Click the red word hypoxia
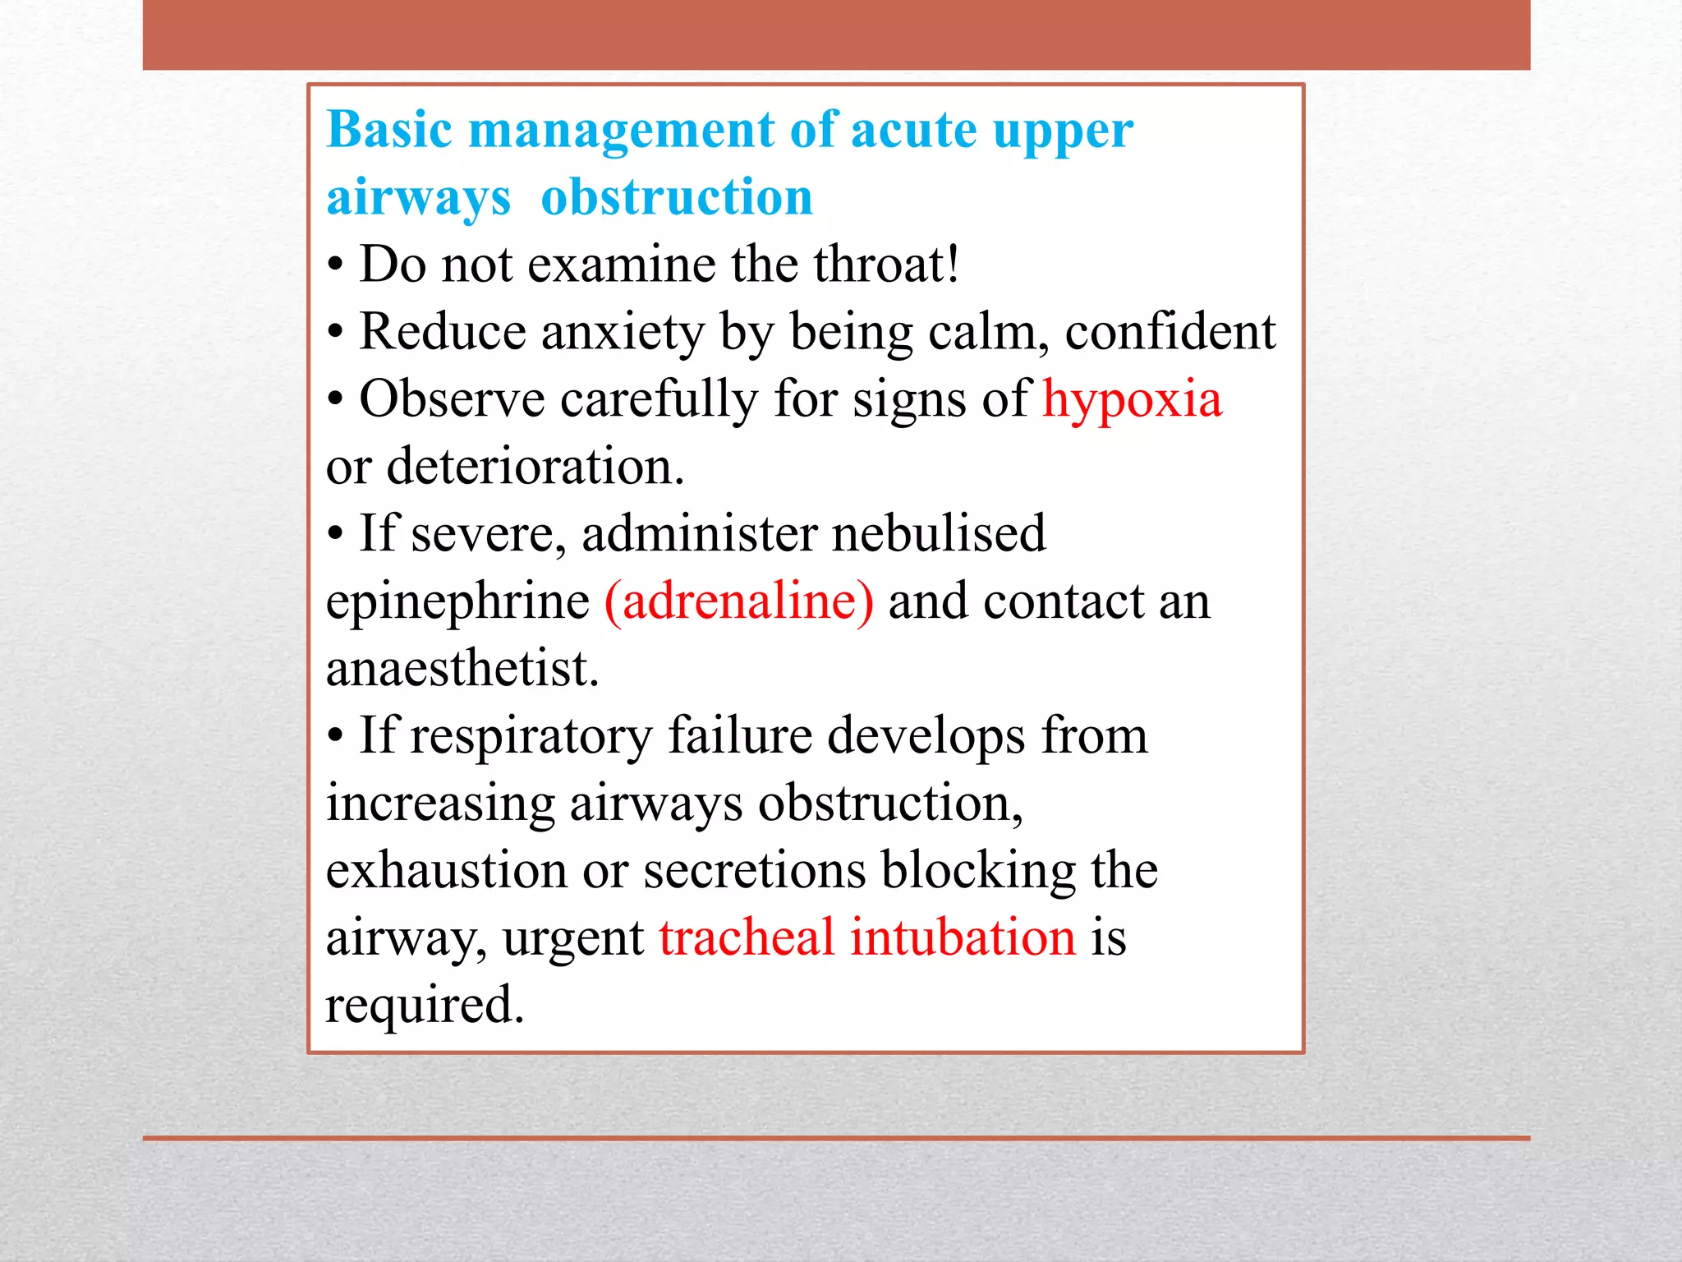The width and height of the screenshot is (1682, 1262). tap(1132, 401)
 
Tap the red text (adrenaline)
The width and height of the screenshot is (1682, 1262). tap(738, 601)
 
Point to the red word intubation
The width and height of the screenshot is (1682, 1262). tap(962, 937)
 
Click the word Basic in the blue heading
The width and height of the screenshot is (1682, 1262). tap(389, 131)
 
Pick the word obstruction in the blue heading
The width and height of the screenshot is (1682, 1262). tap(677, 198)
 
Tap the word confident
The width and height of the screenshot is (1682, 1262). tap(1170, 332)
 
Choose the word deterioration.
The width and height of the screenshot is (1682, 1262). tap(535, 467)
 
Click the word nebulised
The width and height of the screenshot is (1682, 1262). tap(938, 534)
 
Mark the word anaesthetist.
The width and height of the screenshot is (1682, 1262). tap(462, 668)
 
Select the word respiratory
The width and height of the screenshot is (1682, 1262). tap(531, 737)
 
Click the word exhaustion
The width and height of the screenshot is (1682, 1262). tap(447, 870)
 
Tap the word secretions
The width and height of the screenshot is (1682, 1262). tap(754, 870)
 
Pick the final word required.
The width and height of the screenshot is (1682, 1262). tap(424, 1006)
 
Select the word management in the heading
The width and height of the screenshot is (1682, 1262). tap(621, 131)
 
